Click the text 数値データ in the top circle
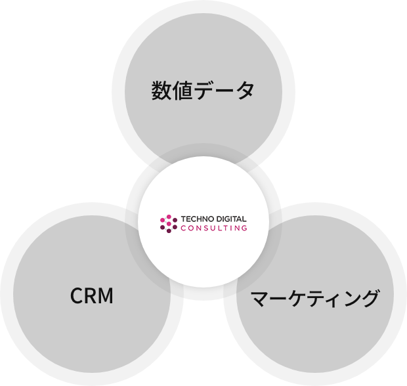tap(203, 91)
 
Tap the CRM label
tap(92, 296)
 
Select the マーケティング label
tap(315, 299)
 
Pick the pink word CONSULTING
tap(214, 228)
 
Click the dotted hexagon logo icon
tap(169, 223)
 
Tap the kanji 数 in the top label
tap(162, 91)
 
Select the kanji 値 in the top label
tap(183, 91)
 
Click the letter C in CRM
tap(77, 296)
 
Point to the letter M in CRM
tap(105, 296)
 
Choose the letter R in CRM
tap(91, 296)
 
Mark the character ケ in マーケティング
tap(297, 299)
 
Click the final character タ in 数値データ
tap(244, 91)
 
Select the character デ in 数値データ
tap(204, 91)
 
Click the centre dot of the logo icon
tap(169, 223)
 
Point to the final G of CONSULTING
tap(245, 228)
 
